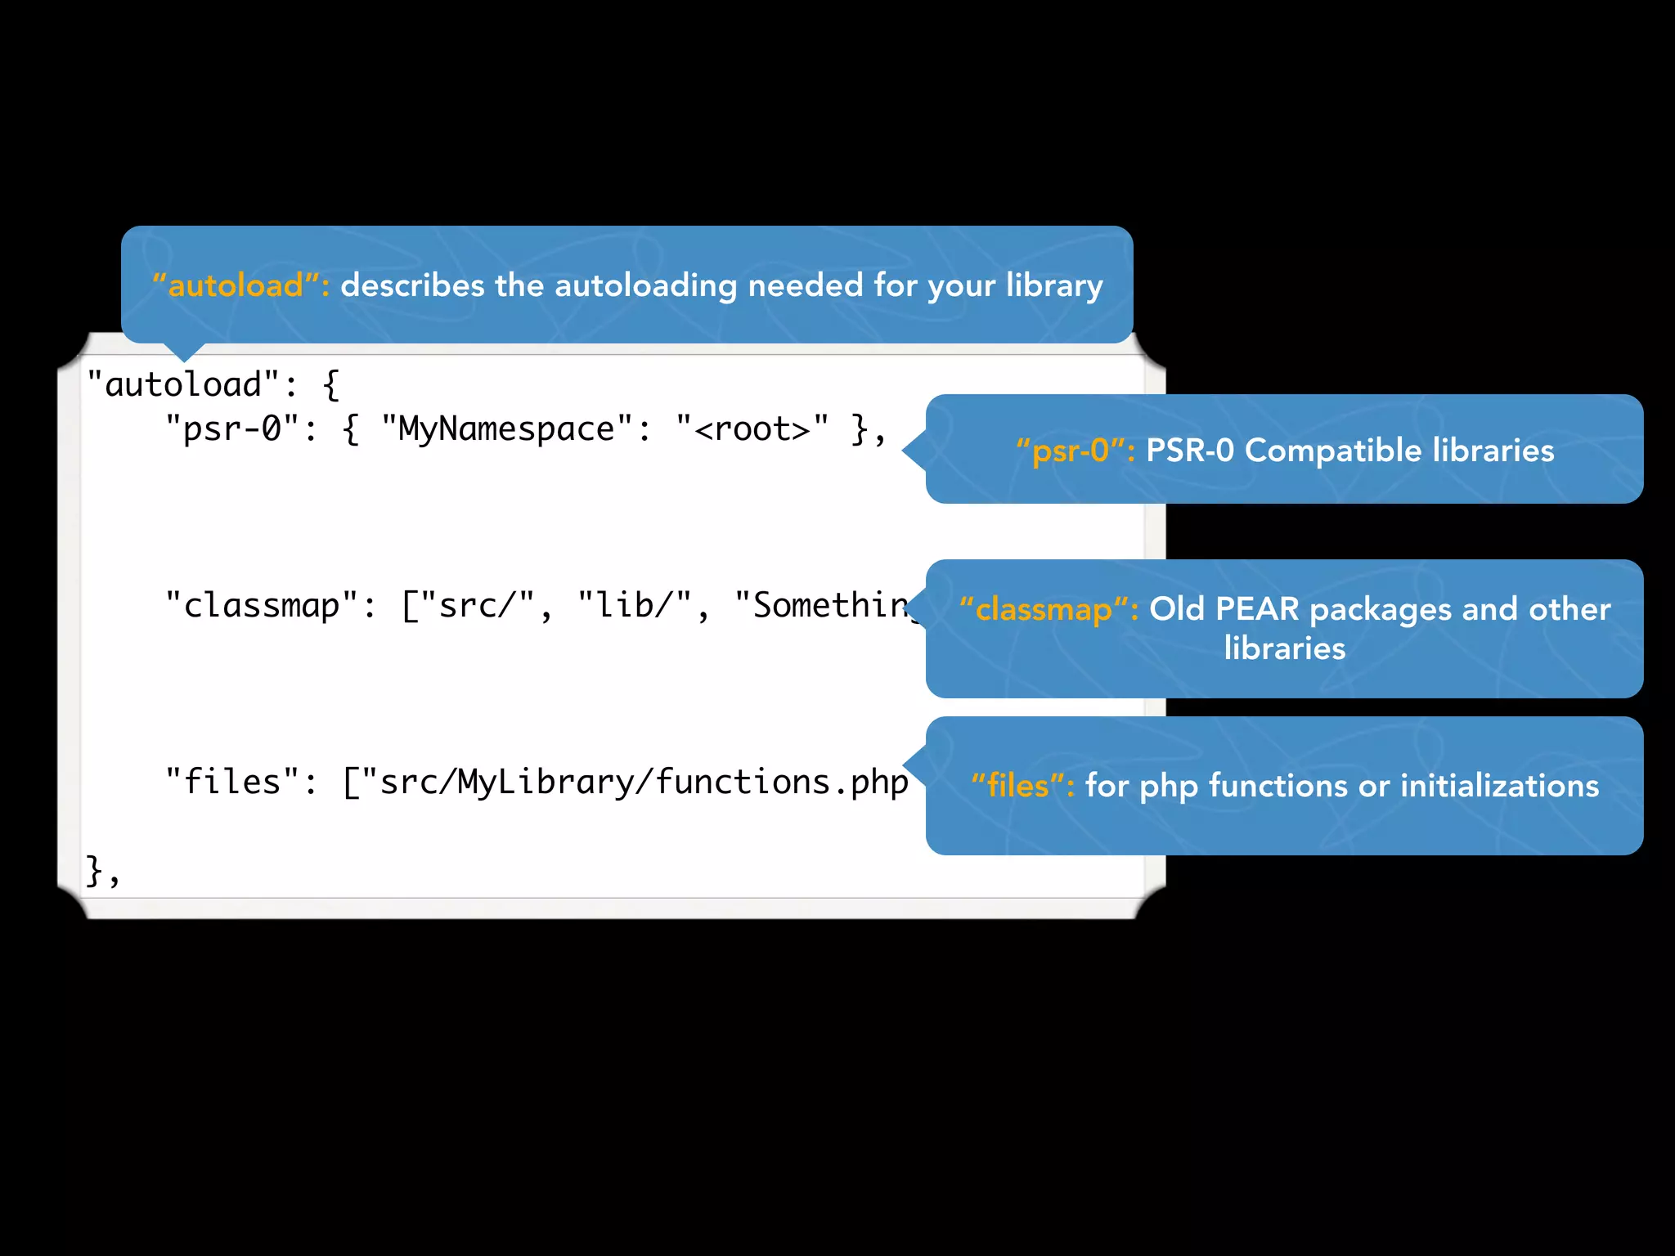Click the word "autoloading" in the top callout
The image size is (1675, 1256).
point(645,285)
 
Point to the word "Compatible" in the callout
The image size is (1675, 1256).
point(1333,451)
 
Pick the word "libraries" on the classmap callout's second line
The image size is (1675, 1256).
point(1284,648)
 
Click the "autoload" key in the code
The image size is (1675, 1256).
point(183,384)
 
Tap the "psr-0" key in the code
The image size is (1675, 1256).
point(231,429)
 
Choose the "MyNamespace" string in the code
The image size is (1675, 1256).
point(506,429)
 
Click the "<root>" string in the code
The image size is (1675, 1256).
point(752,429)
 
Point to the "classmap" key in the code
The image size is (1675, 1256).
point(262,606)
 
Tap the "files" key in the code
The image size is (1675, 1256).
point(231,783)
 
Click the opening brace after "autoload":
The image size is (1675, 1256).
point(330,384)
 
